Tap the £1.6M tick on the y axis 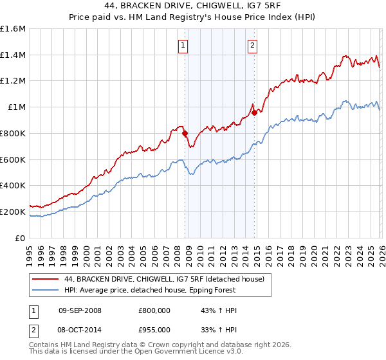coord(13,29)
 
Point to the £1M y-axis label coord(16,107)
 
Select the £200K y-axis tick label coord(13,212)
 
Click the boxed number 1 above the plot coord(183,45)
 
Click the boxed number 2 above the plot coord(252,45)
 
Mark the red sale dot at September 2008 coord(185,134)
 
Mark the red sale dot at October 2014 coord(254,113)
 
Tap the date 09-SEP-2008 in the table coord(80,310)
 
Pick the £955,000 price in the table coord(154,328)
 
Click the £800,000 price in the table coord(154,310)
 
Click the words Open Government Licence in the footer coord(180,352)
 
